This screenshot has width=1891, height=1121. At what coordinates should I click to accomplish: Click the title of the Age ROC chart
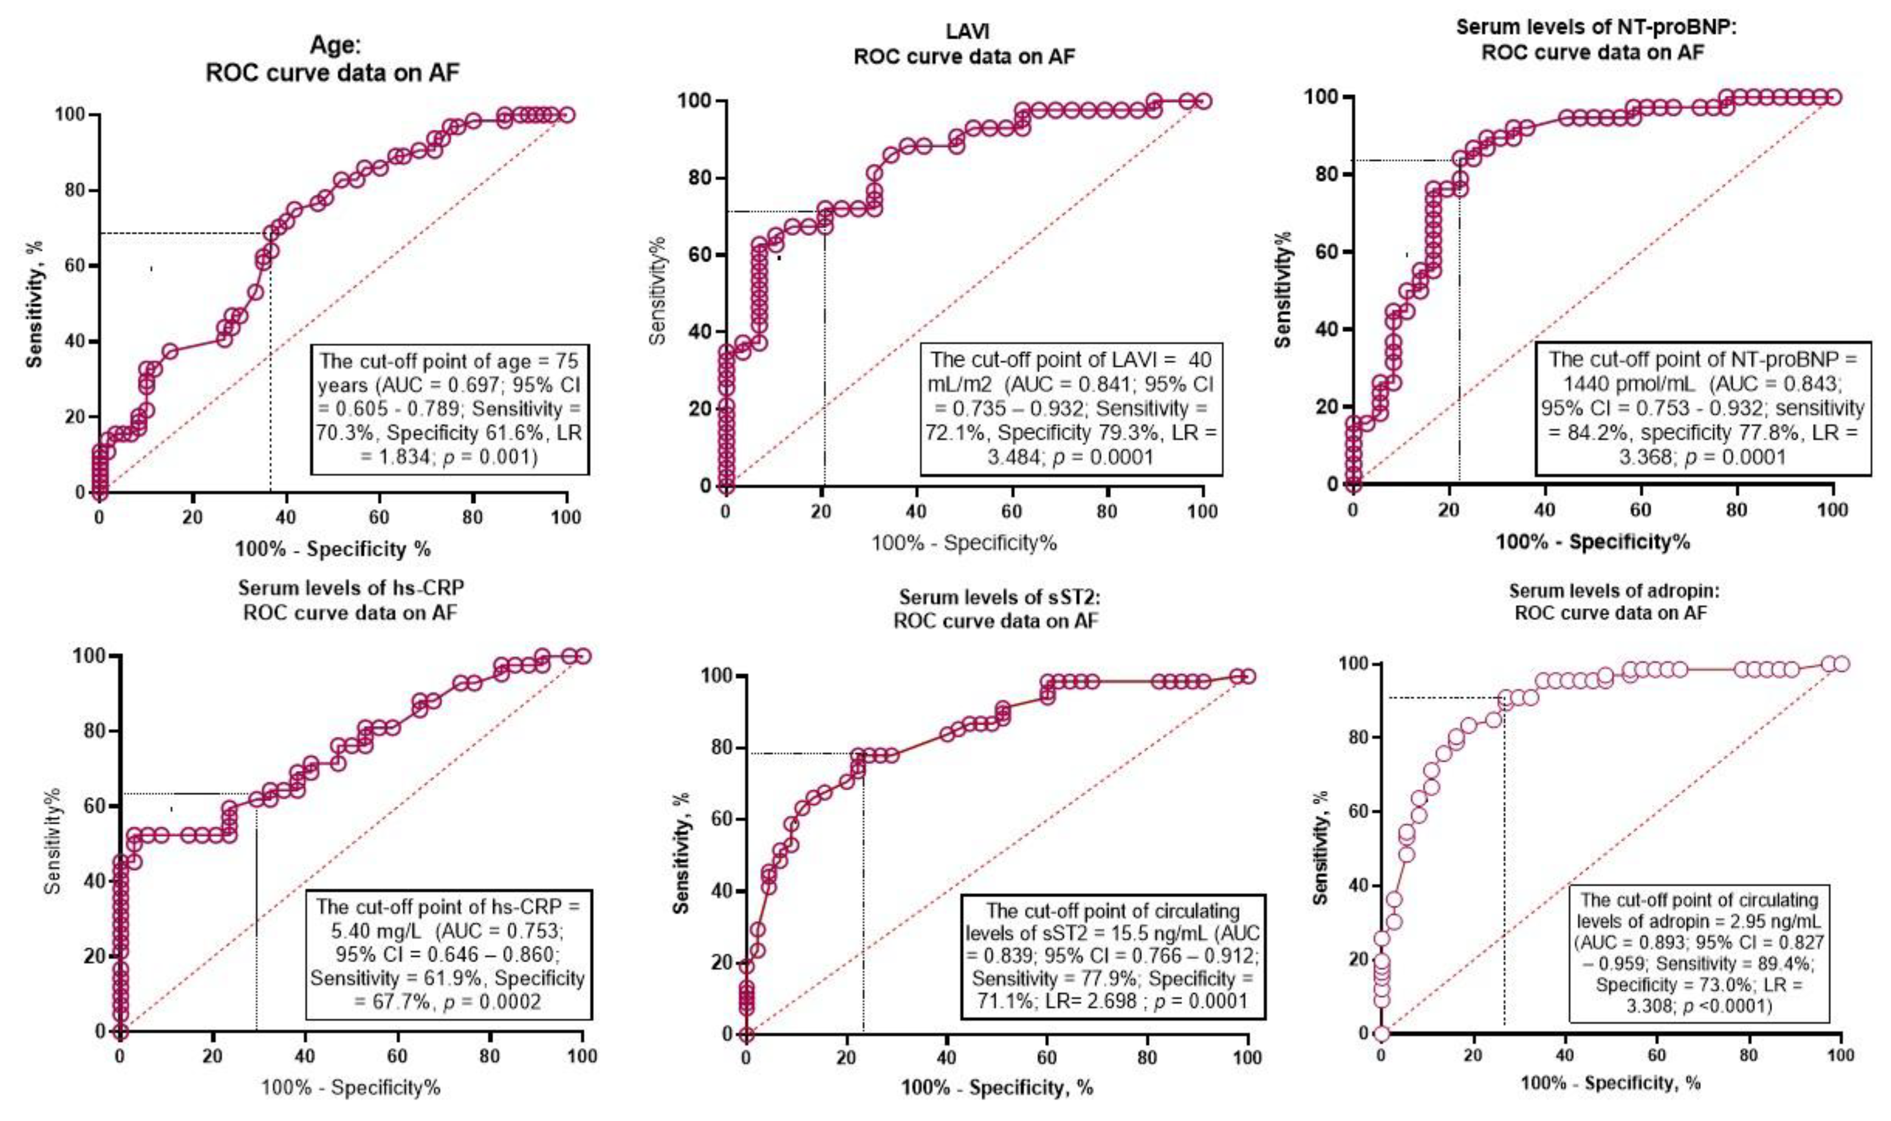click(x=333, y=59)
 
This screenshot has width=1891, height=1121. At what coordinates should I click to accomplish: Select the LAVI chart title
click(x=964, y=44)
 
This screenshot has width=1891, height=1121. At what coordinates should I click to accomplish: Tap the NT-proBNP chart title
click(x=1592, y=39)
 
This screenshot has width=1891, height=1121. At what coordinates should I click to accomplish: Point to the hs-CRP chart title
click(x=350, y=600)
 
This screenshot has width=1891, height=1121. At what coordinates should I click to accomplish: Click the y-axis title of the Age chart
click(x=34, y=304)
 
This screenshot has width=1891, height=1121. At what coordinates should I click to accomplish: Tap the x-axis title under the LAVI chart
click(x=964, y=542)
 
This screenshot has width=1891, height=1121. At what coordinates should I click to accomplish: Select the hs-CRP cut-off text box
click(x=448, y=955)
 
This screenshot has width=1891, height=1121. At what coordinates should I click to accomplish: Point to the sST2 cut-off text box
click(x=1113, y=956)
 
